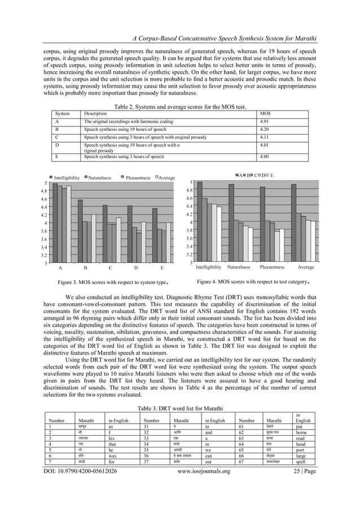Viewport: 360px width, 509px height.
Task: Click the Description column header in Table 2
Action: coord(95,114)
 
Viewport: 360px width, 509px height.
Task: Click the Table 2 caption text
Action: coord(180,107)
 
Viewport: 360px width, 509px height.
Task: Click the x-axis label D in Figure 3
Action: coord(136,268)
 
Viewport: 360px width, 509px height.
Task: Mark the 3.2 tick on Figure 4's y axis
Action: coord(190,254)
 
